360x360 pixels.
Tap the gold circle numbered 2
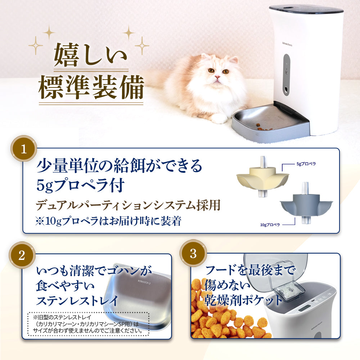click(22, 255)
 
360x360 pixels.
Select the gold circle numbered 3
click(193, 253)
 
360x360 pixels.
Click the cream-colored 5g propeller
click(262, 178)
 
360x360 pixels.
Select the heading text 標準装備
click(91, 87)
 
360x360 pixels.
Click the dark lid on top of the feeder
click(306, 9)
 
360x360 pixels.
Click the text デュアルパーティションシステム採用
click(128, 205)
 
